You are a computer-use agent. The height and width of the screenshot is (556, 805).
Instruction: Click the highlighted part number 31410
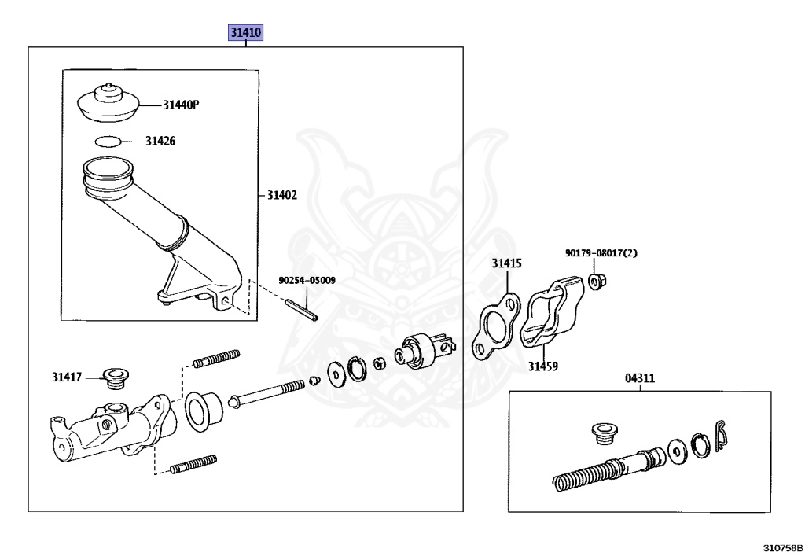coord(246,32)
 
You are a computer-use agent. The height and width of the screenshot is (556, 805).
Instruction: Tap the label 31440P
coord(181,105)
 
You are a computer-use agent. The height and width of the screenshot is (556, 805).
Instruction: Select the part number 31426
coord(160,141)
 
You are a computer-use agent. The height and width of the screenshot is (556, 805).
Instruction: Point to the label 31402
coord(282,195)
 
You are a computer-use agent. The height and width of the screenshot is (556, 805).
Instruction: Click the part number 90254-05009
coord(307,280)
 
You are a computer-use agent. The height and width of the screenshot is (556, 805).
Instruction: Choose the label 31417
coord(67,377)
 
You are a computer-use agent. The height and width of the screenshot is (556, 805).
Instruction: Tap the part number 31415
coord(507,263)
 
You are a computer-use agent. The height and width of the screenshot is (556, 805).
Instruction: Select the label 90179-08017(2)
coord(601,253)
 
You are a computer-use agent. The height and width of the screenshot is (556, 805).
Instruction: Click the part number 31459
coord(543,366)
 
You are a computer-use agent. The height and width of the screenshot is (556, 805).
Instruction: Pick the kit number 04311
coord(640,378)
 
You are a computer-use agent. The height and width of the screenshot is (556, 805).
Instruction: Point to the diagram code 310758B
coord(783,548)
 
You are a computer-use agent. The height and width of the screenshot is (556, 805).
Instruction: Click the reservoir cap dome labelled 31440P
coord(108,103)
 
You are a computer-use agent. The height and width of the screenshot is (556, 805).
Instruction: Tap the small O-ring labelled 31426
coord(108,142)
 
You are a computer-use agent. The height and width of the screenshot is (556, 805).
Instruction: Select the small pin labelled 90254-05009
coord(302,310)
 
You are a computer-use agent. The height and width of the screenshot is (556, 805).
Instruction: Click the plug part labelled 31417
coord(116,378)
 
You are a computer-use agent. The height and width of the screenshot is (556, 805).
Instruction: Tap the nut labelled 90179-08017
coord(596,282)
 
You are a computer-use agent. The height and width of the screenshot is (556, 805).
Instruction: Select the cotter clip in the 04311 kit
coord(721,436)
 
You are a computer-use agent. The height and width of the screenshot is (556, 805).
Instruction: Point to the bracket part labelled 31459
coord(553,314)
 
